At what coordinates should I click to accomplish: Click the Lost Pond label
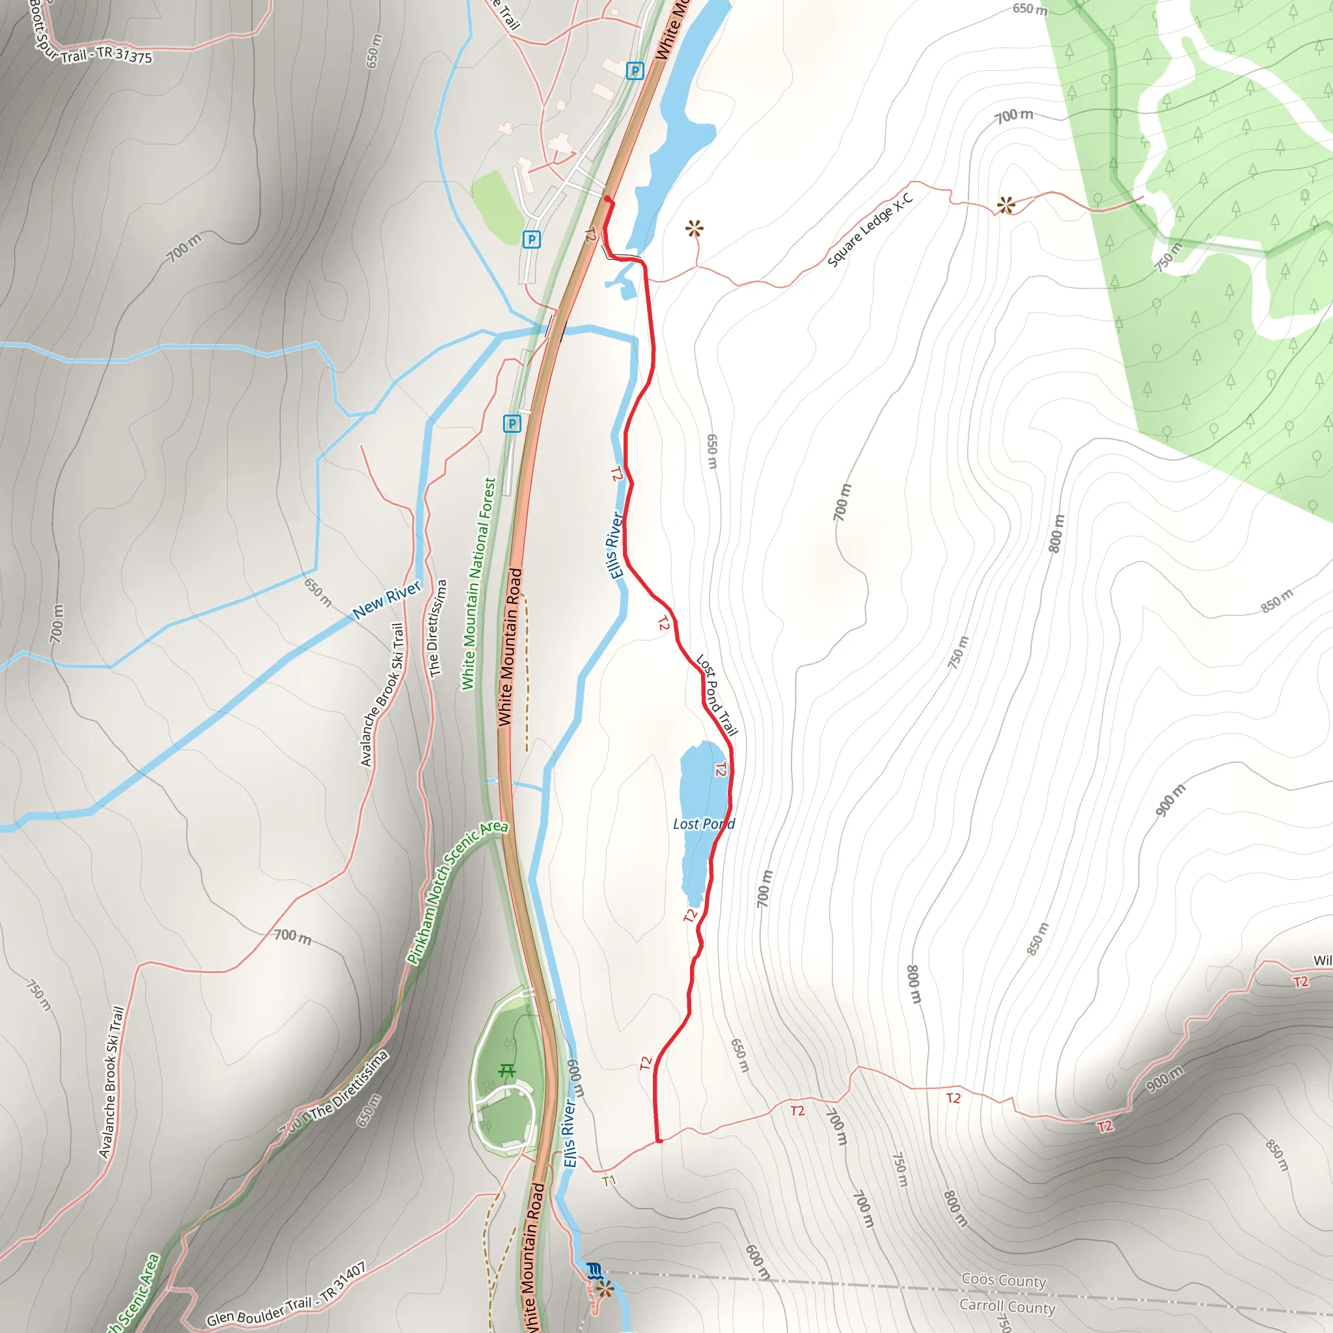703,824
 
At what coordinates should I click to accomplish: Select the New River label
387,599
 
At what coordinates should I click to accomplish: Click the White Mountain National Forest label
479,584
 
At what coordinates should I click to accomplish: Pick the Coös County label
1004,1280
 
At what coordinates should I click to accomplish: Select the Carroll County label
1007,1306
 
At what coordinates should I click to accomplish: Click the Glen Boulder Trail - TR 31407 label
286,1295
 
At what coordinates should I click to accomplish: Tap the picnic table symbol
507,1071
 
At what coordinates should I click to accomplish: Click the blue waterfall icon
594,1271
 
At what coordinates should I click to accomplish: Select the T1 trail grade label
609,1181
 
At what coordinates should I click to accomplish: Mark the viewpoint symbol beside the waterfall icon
605,1288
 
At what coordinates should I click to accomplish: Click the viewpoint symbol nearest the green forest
1006,204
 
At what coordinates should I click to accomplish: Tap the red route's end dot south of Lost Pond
659,1141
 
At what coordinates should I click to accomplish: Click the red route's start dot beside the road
607,199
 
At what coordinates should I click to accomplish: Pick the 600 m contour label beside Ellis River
575,1079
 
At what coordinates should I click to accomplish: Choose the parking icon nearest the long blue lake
635,70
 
